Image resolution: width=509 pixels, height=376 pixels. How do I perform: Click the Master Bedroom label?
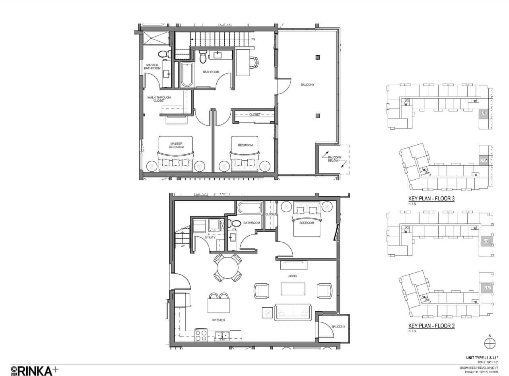(x=176, y=145)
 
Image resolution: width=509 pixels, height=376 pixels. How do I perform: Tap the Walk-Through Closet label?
(x=156, y=99)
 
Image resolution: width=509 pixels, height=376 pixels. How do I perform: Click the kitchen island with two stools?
(x=219, y=305)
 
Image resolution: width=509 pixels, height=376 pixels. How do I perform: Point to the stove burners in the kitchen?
(x=200, y=335)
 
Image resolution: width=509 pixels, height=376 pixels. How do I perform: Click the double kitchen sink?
(x=221, y=335)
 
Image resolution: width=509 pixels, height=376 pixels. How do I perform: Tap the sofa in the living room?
(x=293, y=312)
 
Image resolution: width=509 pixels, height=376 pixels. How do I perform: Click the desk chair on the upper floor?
(x=253, y=62)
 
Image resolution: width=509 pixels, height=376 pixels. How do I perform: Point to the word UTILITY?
(x=210, y=238)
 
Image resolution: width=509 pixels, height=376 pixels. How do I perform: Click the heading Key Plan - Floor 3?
(x=431, y=199)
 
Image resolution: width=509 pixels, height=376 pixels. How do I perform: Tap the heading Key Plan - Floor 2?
(x=431, y=326)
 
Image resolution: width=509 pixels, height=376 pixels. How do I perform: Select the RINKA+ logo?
(x=35, y=370)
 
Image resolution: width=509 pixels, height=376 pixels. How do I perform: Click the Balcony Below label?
(x=333, y=159)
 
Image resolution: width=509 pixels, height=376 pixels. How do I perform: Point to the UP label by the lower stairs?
(x=183, y=246)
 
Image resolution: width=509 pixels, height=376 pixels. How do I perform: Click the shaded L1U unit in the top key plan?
(x=484, y=114)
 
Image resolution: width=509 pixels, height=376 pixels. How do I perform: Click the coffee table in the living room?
(x=293, y=289)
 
